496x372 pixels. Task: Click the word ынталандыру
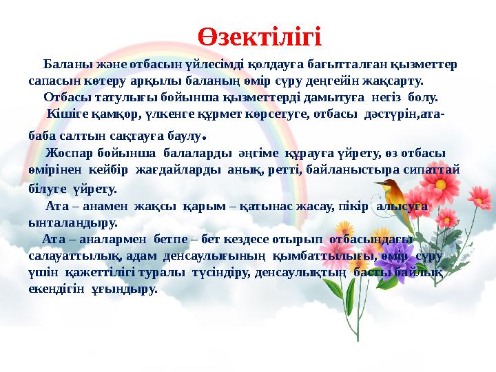[x=73, y=223]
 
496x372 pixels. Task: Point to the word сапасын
[x=52, y=81]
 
